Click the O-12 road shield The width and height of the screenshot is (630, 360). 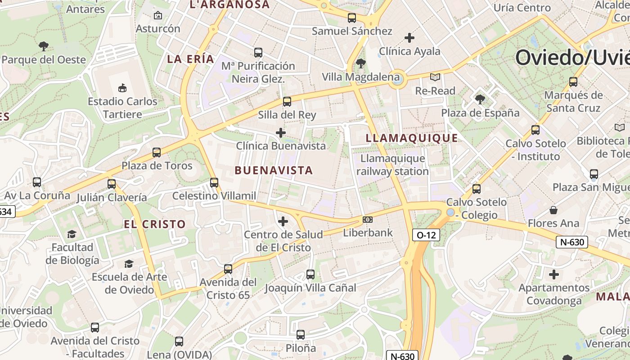pos(426,234)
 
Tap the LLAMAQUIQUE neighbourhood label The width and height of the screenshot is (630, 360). pos(412,138)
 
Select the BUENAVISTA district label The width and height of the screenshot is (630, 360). pos(274,170)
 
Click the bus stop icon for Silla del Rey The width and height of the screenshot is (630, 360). pos(287,102)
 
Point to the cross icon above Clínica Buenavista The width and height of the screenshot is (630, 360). pos(281,133)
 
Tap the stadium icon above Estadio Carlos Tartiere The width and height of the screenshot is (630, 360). pos(122,88)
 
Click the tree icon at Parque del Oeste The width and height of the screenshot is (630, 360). pos(44,46)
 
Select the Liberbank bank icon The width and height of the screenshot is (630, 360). pos(368,220)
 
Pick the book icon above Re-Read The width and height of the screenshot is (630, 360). pos(435,77)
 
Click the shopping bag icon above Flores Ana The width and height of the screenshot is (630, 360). pos(553,210)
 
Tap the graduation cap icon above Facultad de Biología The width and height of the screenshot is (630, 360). pos(72,234)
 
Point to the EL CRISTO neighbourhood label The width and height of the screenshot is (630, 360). pos(155,224)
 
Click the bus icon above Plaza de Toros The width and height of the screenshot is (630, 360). pos(157,153)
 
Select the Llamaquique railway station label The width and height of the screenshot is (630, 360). pos(392,165)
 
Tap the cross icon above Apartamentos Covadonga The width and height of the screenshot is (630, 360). pos(554,274)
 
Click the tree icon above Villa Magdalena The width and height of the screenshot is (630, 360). pos(360,63)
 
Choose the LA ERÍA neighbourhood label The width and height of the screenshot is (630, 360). pos(190,59)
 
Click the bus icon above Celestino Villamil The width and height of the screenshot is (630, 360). pos(214,182)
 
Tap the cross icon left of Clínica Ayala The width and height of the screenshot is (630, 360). pos(409,38)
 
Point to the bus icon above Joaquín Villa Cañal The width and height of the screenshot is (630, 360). pos(310,274)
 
